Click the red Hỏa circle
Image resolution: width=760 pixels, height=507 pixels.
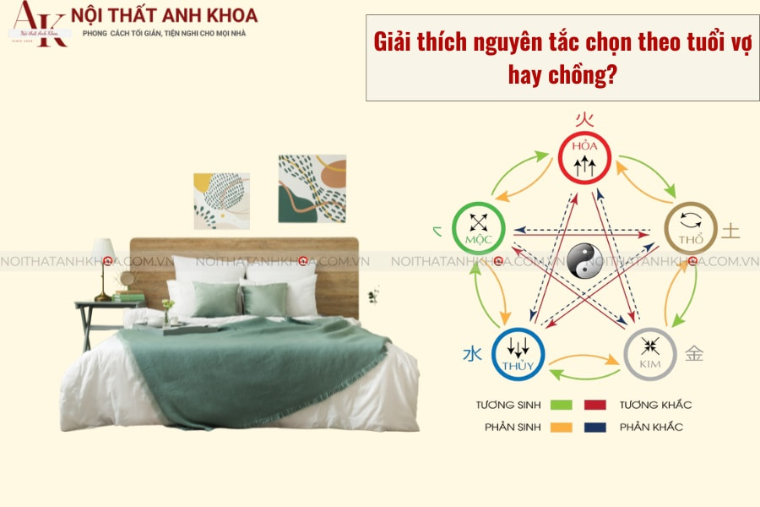(584, 158)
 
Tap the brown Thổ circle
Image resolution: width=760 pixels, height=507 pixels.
(690, 227)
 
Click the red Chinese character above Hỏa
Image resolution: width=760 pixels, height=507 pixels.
(583, 119)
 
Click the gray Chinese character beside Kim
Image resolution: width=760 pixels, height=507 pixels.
(694, 354)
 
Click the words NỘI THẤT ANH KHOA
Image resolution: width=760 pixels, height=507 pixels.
(165, 15)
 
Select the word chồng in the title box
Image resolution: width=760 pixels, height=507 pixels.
(583, 74)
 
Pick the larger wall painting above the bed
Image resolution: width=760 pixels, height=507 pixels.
(312, 188)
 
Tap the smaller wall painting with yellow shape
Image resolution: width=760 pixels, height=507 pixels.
(221, 200)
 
